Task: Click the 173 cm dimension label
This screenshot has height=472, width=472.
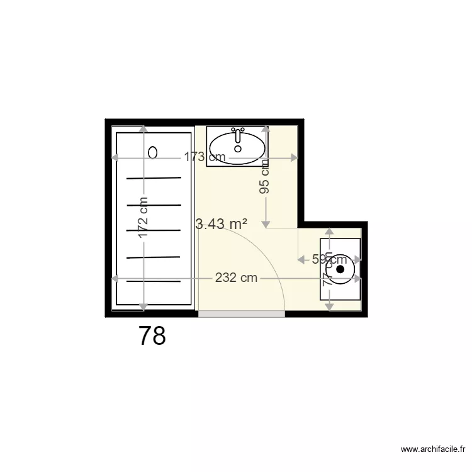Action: pos(205,157)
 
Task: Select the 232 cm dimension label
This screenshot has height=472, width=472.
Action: pos(236,278)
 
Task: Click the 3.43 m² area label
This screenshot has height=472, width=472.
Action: pos(222,223)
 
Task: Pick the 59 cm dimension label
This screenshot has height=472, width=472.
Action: pos(329,259)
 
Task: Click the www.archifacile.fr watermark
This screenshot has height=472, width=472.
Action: pos(434,449)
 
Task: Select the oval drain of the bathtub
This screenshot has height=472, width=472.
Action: pos(153,152)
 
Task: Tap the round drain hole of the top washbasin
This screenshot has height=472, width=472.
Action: pos(238,149)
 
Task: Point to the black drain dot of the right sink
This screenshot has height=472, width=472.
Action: pos(340,269)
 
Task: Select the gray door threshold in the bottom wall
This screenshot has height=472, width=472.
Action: pos(242,313)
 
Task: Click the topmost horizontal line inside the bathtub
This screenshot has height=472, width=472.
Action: pos(154,178)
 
